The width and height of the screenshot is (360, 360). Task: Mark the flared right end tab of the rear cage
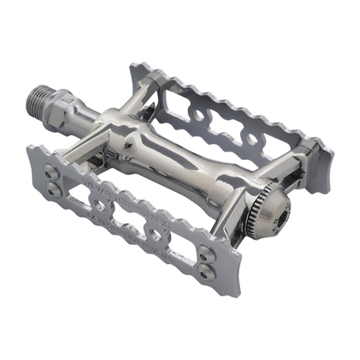pos(320,165)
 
